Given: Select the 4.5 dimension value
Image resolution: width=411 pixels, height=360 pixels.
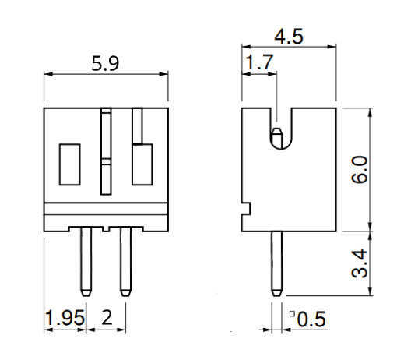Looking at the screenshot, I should click(288, 37).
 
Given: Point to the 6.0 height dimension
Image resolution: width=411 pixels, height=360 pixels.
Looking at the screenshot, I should click(381, 168).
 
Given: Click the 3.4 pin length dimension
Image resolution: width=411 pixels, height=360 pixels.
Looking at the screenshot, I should click(381, 263).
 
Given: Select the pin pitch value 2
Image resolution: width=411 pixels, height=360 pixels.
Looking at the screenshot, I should click(106, 318).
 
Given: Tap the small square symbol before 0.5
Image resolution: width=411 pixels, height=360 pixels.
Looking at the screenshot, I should click(293, 315).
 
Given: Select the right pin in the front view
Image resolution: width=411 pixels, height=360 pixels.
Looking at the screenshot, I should click(125, 261).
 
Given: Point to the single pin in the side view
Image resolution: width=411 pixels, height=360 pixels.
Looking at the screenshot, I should click(276, 261).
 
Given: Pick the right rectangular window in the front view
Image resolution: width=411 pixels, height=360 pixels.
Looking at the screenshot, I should click(141, 164).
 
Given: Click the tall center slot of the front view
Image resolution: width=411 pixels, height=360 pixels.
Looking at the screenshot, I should click(107, 152).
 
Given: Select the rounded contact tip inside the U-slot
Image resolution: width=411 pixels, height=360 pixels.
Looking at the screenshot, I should click(276, 139).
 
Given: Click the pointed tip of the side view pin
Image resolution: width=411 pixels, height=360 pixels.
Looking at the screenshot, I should click(276, 294).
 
